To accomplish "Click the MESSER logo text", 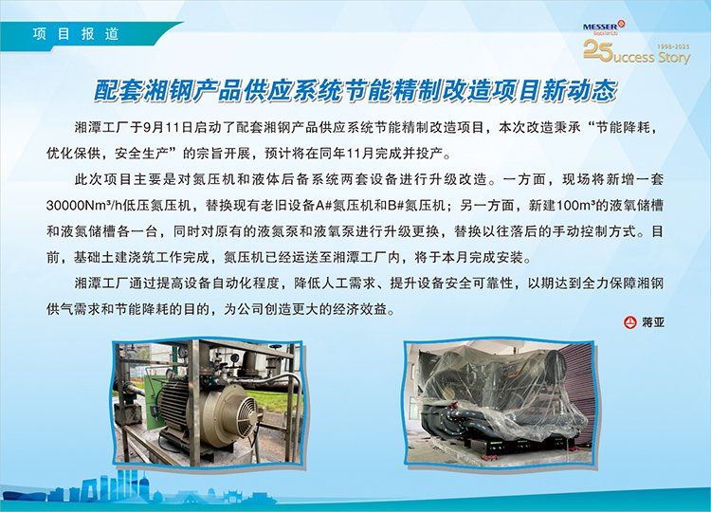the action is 601,27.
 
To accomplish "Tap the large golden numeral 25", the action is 598,50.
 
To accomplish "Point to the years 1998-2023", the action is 673,46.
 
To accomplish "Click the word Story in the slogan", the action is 674,58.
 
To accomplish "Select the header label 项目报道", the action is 76,34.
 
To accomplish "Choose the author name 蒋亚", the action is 653,322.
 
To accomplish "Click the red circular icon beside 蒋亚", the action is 630,322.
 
